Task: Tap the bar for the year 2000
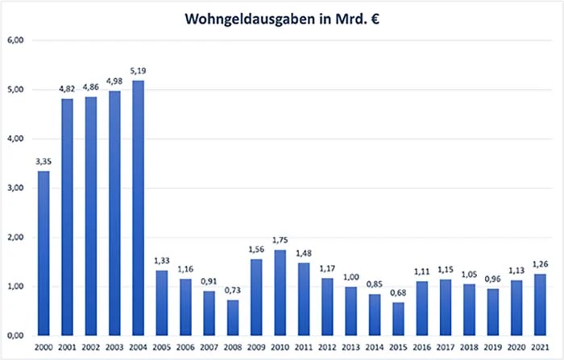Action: pos(44,253)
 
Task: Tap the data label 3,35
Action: pos(44,162)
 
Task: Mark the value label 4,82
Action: pos(68,89)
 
